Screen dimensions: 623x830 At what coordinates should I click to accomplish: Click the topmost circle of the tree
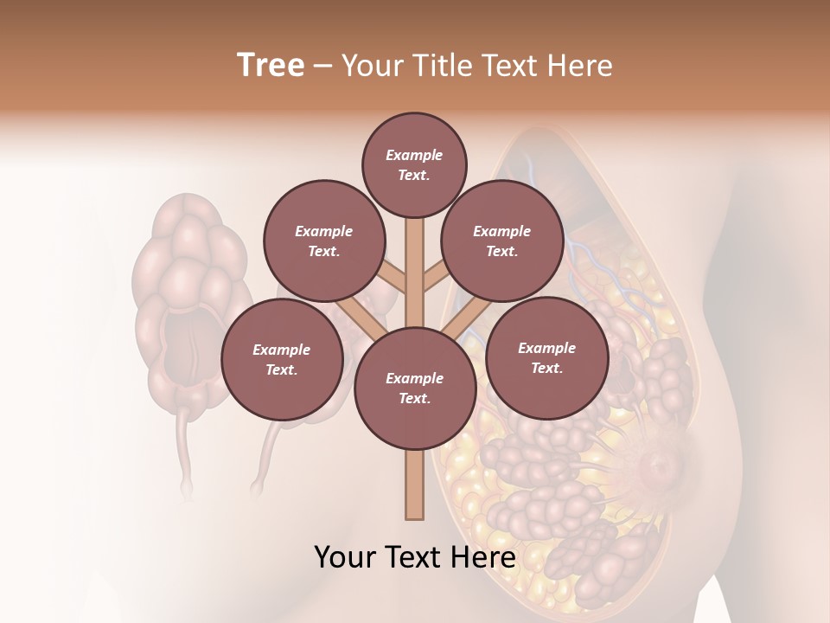(x=414, y=164)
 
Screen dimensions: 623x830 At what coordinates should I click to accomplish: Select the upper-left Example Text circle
(x=323, y=241)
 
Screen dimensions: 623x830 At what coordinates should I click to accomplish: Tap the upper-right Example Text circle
(x=501, y=241)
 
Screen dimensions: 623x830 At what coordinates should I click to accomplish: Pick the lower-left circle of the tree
(x=281, y=359)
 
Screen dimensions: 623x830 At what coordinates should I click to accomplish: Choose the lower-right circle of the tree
(x=546, y=357)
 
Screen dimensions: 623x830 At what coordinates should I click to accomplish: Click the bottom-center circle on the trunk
(x=414, y=389)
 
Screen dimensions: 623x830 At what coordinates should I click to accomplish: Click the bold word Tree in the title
(x=271, y=65)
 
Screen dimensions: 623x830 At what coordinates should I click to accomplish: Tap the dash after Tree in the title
(x=322, y=66)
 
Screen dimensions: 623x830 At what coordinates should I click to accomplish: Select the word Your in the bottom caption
(x=345, y=557)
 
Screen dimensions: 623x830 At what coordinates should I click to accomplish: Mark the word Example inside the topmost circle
(x=414, y=155)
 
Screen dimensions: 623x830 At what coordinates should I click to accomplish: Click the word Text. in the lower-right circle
(x=546, y=368)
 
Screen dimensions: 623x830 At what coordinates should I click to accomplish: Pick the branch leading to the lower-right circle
(x=462, y=321)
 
